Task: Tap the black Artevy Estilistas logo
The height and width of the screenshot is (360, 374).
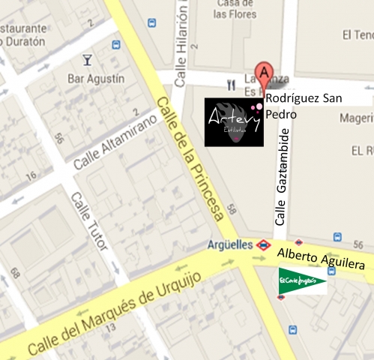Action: pos(234,121)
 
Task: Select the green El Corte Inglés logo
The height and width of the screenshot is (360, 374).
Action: pos(302,280)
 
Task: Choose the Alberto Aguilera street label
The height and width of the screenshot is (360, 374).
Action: pos(320,259)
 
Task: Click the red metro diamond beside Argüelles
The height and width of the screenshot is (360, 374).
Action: pos(263,244)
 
